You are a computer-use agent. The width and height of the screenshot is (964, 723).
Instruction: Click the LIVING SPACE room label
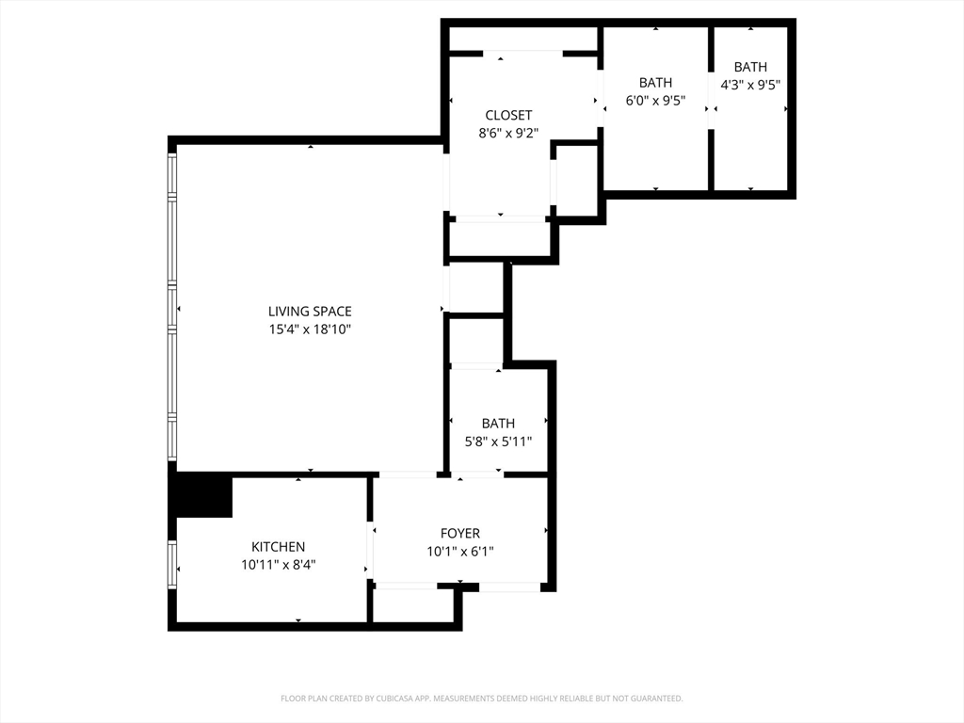(310, 312)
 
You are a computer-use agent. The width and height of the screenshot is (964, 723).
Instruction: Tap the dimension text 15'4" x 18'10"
(310, 329)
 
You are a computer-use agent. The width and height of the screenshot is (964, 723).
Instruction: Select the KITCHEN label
(278, 547)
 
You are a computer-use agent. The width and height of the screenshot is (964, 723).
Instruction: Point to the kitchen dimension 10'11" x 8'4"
(278, 565)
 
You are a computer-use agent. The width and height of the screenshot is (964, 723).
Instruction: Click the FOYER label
(459, 534)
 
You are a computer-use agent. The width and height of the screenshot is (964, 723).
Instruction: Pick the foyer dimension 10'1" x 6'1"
(459, 552)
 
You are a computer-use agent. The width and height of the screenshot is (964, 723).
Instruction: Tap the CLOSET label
(508, 116)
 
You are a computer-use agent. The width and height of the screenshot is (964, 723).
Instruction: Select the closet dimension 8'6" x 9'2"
(508, 133)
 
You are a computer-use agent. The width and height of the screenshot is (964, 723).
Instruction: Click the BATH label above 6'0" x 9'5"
(655, 83)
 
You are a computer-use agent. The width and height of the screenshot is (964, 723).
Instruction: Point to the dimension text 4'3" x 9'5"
(750, 85)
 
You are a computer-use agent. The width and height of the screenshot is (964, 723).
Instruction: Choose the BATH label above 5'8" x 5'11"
(498, 424)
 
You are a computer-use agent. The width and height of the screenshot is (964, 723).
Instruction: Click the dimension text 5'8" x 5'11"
(498, 442)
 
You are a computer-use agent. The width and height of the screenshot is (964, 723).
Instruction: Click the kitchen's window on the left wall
(172, 565)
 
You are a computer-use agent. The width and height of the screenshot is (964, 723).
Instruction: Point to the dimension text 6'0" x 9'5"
(655, 100)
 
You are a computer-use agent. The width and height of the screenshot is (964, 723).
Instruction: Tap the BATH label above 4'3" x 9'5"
(750, 67)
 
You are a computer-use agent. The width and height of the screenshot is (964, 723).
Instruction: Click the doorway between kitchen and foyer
(370, 549)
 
